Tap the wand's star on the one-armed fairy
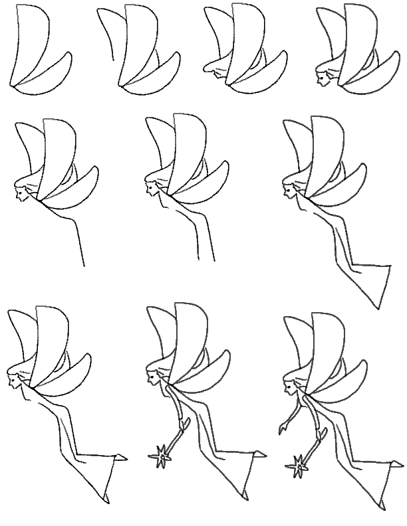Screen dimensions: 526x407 click(161, 458)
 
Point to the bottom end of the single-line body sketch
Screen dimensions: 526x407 click(84, 266)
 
